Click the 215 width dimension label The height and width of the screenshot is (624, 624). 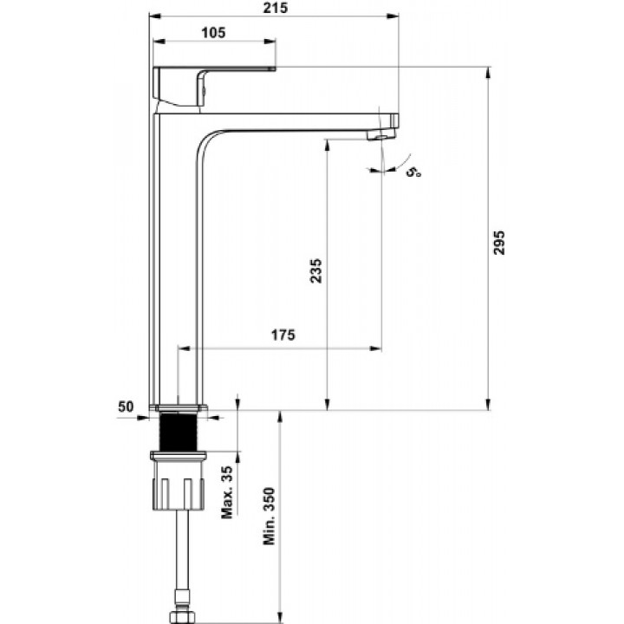point(276,8)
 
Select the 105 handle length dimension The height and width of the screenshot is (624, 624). point(213,32)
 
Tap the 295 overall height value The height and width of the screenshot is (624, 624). point(498,243)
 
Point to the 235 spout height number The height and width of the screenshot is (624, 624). point(316,270)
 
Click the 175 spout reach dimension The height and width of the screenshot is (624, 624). point(283,335)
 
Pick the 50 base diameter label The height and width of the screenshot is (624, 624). point(126,406)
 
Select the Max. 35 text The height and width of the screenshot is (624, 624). point(227,492)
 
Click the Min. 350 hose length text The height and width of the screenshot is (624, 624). point(269,517)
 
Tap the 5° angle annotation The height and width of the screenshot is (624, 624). point(414,172)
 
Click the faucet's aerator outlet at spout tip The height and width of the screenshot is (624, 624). point(381,135)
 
